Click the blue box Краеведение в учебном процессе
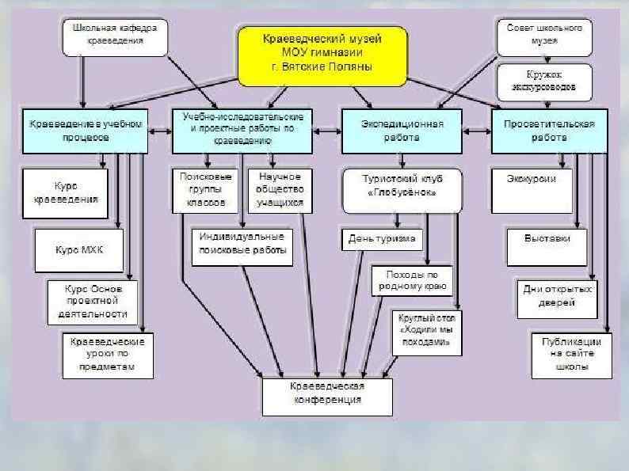(86, 130)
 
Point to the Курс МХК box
(79, 249)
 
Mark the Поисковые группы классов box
(204, 191)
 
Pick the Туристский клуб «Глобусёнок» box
(402, 191)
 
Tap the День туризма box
(382, 238)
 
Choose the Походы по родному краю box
(411, 279)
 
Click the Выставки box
(547, 237)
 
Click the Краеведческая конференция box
(328, 393)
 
